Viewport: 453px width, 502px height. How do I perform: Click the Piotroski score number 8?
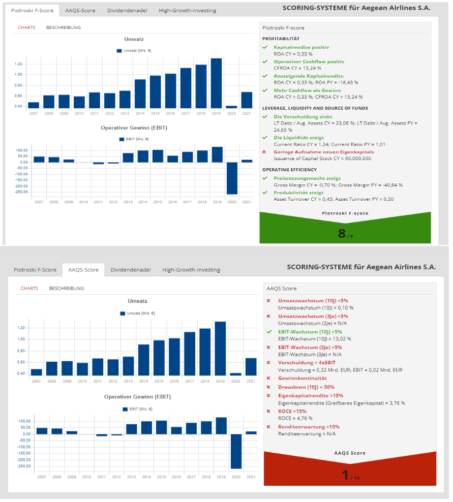pyautogui.click(x=342, y=233)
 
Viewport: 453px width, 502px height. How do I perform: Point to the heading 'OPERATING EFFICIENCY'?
pyautogui.click(x=289, y=170)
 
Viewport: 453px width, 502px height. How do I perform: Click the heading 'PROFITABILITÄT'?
pyautogui.click(x=281, y=39)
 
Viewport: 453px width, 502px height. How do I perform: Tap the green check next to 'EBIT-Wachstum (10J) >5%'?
pyautogui.click(x=269, y=332)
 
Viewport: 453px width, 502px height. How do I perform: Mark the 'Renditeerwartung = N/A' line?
pyautogui.click(x=307, y=434)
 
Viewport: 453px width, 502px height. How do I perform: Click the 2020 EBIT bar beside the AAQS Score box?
pyautogui.click(x=235, y=451)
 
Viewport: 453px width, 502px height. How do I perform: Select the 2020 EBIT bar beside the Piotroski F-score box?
pyautogui.click(x=231, y=178)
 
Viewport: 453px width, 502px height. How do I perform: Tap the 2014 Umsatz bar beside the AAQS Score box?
pyautogui.click(x=144, y=360)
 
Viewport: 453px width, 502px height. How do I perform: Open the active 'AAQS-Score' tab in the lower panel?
pyautogui.click(x=83, y=270)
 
